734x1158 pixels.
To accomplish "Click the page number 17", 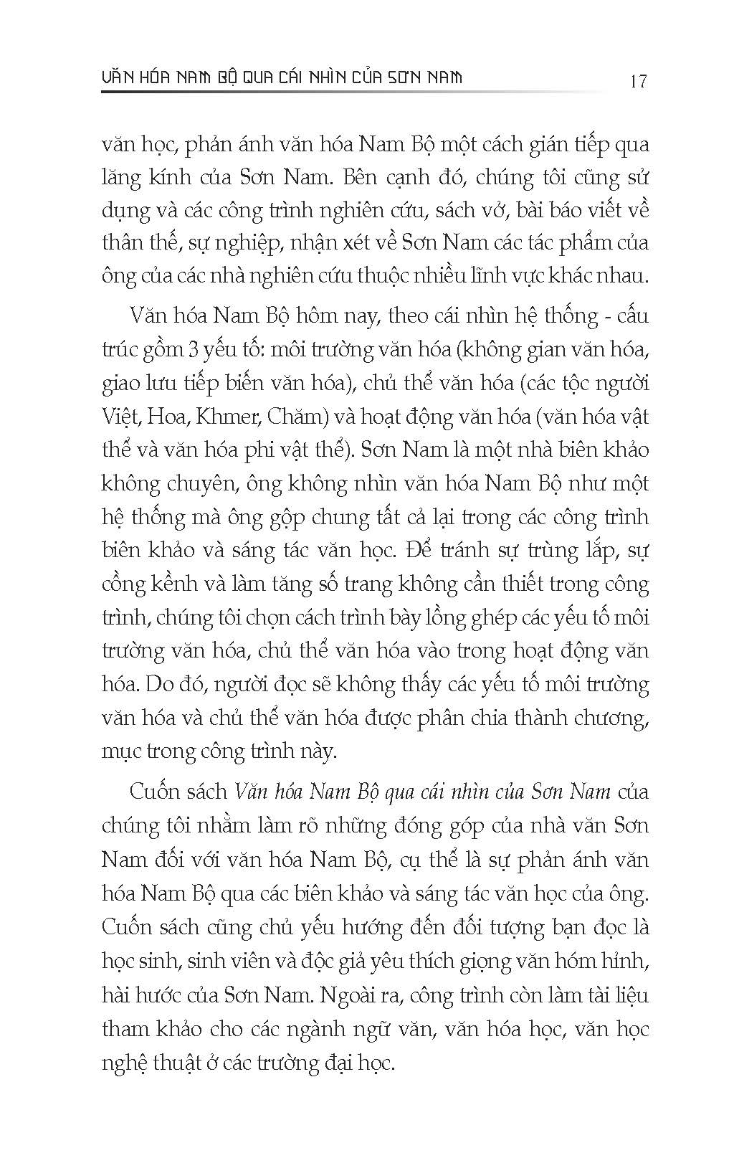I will (x=637, y=80).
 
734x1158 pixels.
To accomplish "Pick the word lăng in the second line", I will (x=121, y=178).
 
